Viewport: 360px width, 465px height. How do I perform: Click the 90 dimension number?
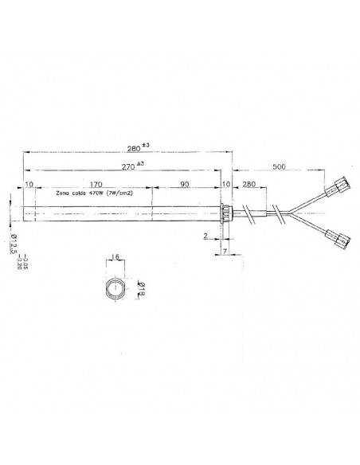coord(185,184)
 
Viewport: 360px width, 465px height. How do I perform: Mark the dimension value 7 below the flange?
coord(225,252)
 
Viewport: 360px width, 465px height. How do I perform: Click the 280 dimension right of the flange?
coord(248,184)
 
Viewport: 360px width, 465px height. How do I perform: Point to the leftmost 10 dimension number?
coord(29,184)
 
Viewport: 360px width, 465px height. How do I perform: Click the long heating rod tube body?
coord(119,213)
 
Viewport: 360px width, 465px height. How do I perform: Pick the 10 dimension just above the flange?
coord(226,184)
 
